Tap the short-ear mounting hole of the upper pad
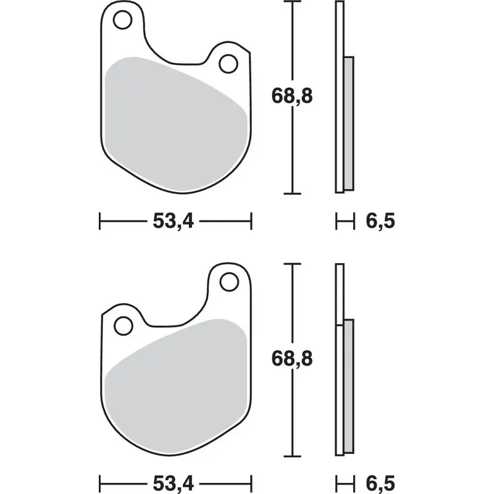tap(228, 62)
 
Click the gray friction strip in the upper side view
tap(349, 123)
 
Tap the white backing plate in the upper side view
tap(338, 93)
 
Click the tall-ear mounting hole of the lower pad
tap(228, 282)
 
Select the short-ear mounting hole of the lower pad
tap(122, 323)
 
